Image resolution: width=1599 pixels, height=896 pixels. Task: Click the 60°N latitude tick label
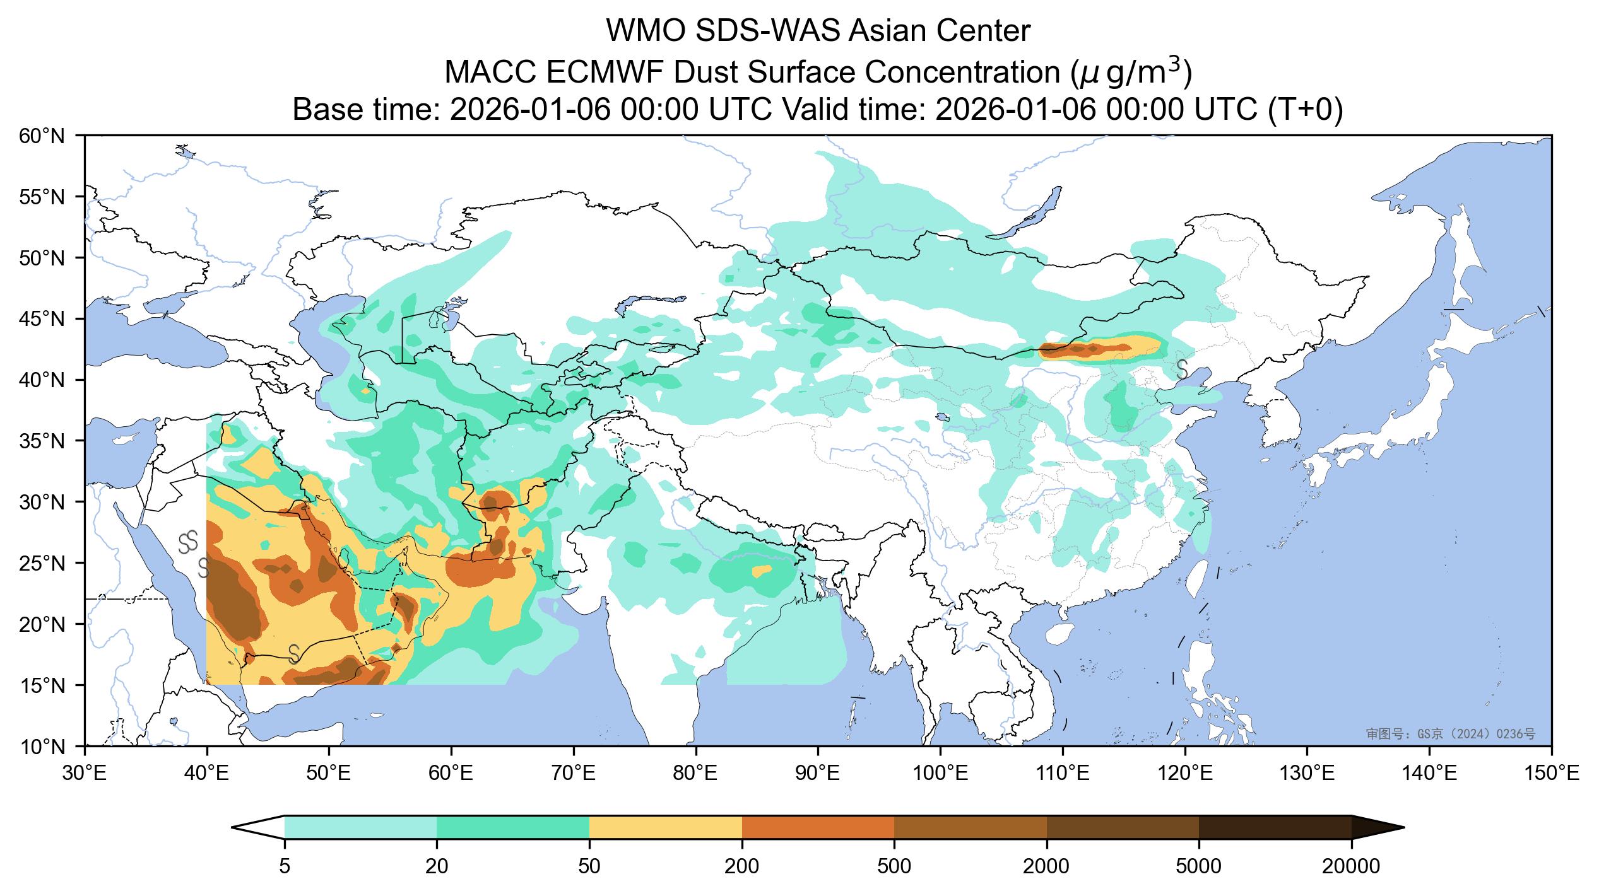47,136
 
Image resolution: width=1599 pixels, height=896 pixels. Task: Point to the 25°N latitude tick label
47,563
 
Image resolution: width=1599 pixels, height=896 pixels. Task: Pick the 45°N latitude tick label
47,319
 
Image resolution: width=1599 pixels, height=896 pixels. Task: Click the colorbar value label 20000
1351,867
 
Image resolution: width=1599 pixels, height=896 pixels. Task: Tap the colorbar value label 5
285,867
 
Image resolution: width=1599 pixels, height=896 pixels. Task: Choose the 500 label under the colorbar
894,867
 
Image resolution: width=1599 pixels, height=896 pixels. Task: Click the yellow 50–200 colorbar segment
666,827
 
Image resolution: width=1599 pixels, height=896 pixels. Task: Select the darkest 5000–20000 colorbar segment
1275,827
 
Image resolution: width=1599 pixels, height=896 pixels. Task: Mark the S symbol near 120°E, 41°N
1182,369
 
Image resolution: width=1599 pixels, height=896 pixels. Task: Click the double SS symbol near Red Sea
188,541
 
